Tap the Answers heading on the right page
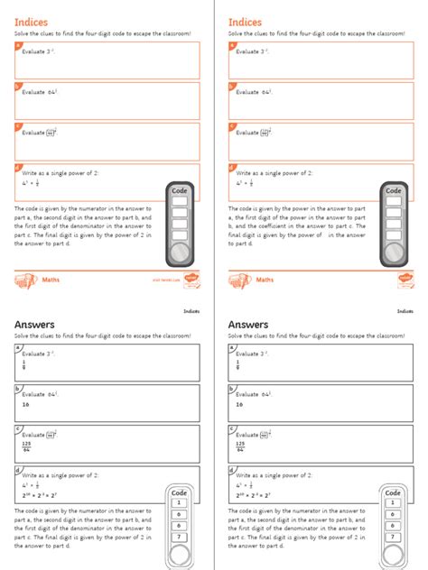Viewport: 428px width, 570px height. [x=247, y=325]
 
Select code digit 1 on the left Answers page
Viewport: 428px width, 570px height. [x=179, y=502]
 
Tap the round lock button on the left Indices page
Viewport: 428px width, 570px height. [x=179, y=252]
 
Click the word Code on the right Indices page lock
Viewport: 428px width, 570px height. [x=394, y=191]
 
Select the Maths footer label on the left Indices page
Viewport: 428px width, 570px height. [x=51, y=280]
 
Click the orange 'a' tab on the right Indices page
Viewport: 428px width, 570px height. [x=232, y=45]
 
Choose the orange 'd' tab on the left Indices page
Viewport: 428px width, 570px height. [x=18, y=167]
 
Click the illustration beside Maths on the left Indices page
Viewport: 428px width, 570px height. [x=25, y=280]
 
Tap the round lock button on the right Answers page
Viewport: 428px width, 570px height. [x=393, y=555]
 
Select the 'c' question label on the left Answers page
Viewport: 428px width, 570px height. [x=18, y=428]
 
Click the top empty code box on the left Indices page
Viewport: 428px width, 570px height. [x=179, y=203]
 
